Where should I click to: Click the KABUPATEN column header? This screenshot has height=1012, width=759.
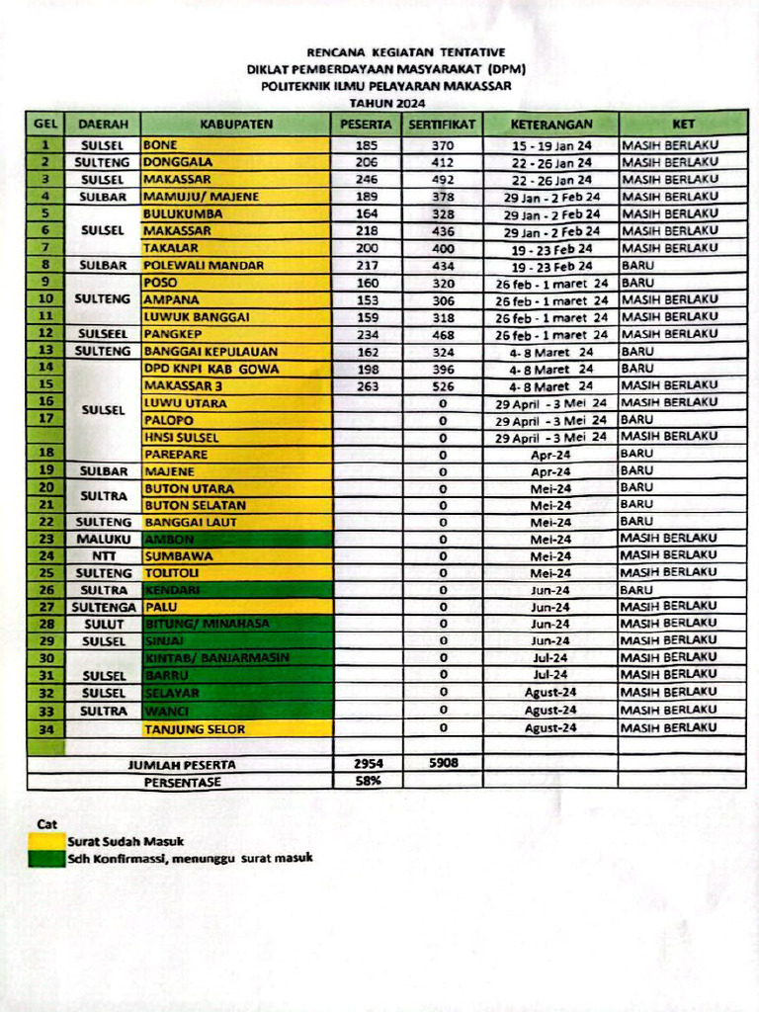click(x=235, y=125)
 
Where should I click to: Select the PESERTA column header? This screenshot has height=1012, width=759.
click(x=367, y=125)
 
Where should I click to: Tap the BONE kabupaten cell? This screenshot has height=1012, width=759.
click(x=235, y=145)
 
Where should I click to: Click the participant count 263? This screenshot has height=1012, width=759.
click(x=367, y=386)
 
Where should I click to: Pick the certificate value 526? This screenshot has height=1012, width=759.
click(x=443, y=386)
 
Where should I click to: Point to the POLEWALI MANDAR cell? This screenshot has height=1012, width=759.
click(x=235, y=266)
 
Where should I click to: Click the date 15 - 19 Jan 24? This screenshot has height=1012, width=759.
click(x=550, y=145)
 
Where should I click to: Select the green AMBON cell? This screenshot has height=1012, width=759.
click(x=235, y=540)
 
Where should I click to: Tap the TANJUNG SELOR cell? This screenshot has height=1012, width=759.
click(x=235, y=729)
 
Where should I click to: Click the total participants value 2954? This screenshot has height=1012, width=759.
click(x=367, y=764)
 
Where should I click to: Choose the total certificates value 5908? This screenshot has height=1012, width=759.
click(x=443, y=764)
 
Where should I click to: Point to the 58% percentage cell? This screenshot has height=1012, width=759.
click(x=367, y=781)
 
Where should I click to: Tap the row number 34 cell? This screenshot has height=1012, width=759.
click(x=45, y=729)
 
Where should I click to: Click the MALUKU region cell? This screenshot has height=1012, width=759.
click(x=103, y=540)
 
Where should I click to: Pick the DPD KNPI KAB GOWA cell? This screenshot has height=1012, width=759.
click(x=235, y=370)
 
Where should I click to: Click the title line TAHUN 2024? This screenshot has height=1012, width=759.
click(x=386, y=103)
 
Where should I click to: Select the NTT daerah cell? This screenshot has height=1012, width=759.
click(x=103, y=556)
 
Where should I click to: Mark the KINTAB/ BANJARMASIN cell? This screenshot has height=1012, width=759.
click(x=235, y=658)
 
